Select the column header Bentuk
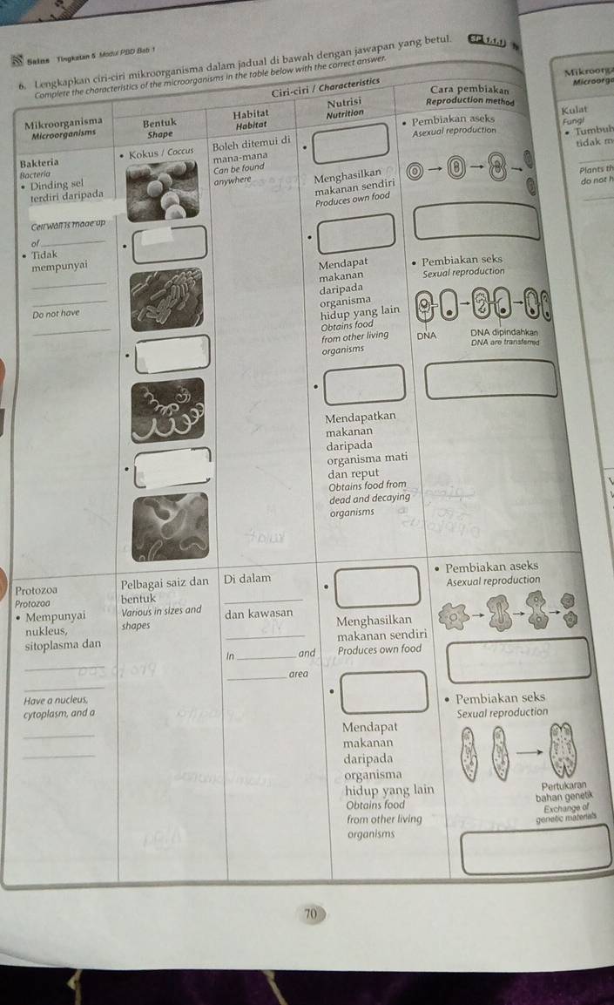159,123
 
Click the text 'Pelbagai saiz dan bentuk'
165,589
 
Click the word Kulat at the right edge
571,111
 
